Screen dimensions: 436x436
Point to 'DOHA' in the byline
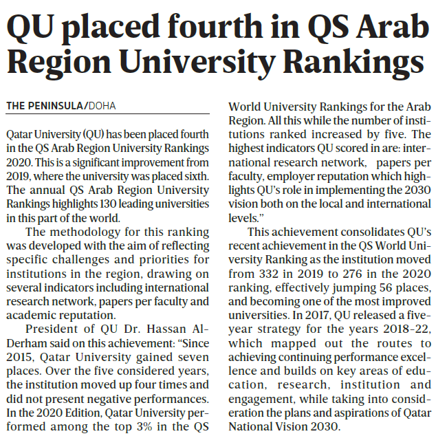coord(102,105)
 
